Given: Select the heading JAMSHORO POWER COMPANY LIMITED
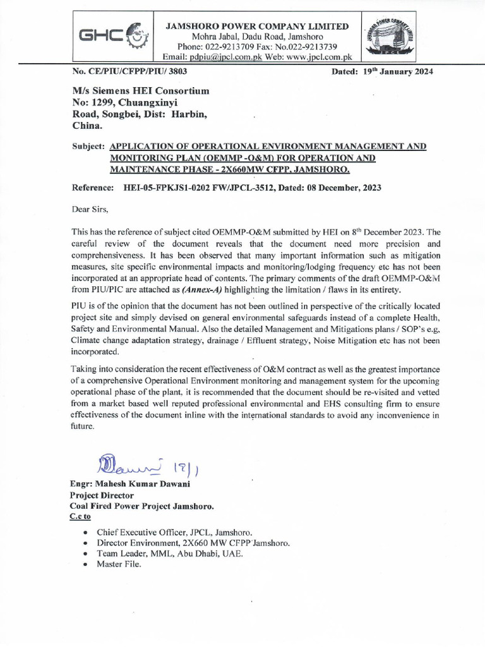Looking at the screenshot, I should tap(256, 26).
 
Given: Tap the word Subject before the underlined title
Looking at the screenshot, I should tap(88, 146).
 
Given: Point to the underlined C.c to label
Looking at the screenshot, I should tap(81, 517).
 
